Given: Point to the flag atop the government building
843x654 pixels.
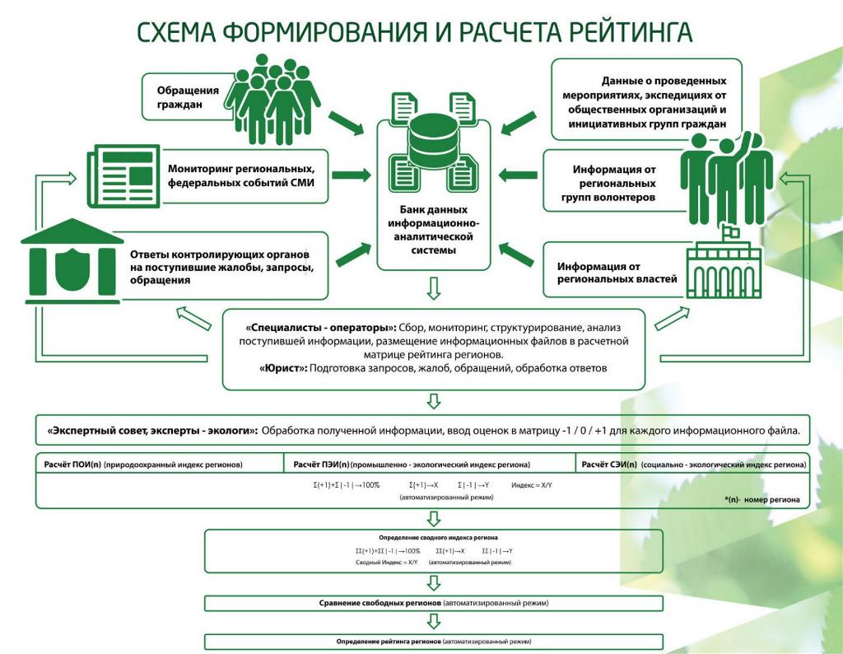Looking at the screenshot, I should [728, 232].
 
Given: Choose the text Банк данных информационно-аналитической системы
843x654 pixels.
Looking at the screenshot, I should [433, 230].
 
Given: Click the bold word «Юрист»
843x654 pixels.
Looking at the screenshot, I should [283, 368].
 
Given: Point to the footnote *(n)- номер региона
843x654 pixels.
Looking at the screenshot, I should [761, 499].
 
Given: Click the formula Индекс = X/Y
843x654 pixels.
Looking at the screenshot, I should [532, 485].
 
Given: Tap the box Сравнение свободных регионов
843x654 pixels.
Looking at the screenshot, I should [433, 603].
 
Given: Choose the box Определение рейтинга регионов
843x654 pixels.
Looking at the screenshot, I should [433, 641].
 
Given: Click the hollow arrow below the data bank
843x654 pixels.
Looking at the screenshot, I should [434, 289].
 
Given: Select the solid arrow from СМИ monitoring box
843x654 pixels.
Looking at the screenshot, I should [352, 175].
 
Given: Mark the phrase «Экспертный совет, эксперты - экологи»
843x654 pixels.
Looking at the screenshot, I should [153, 430].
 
